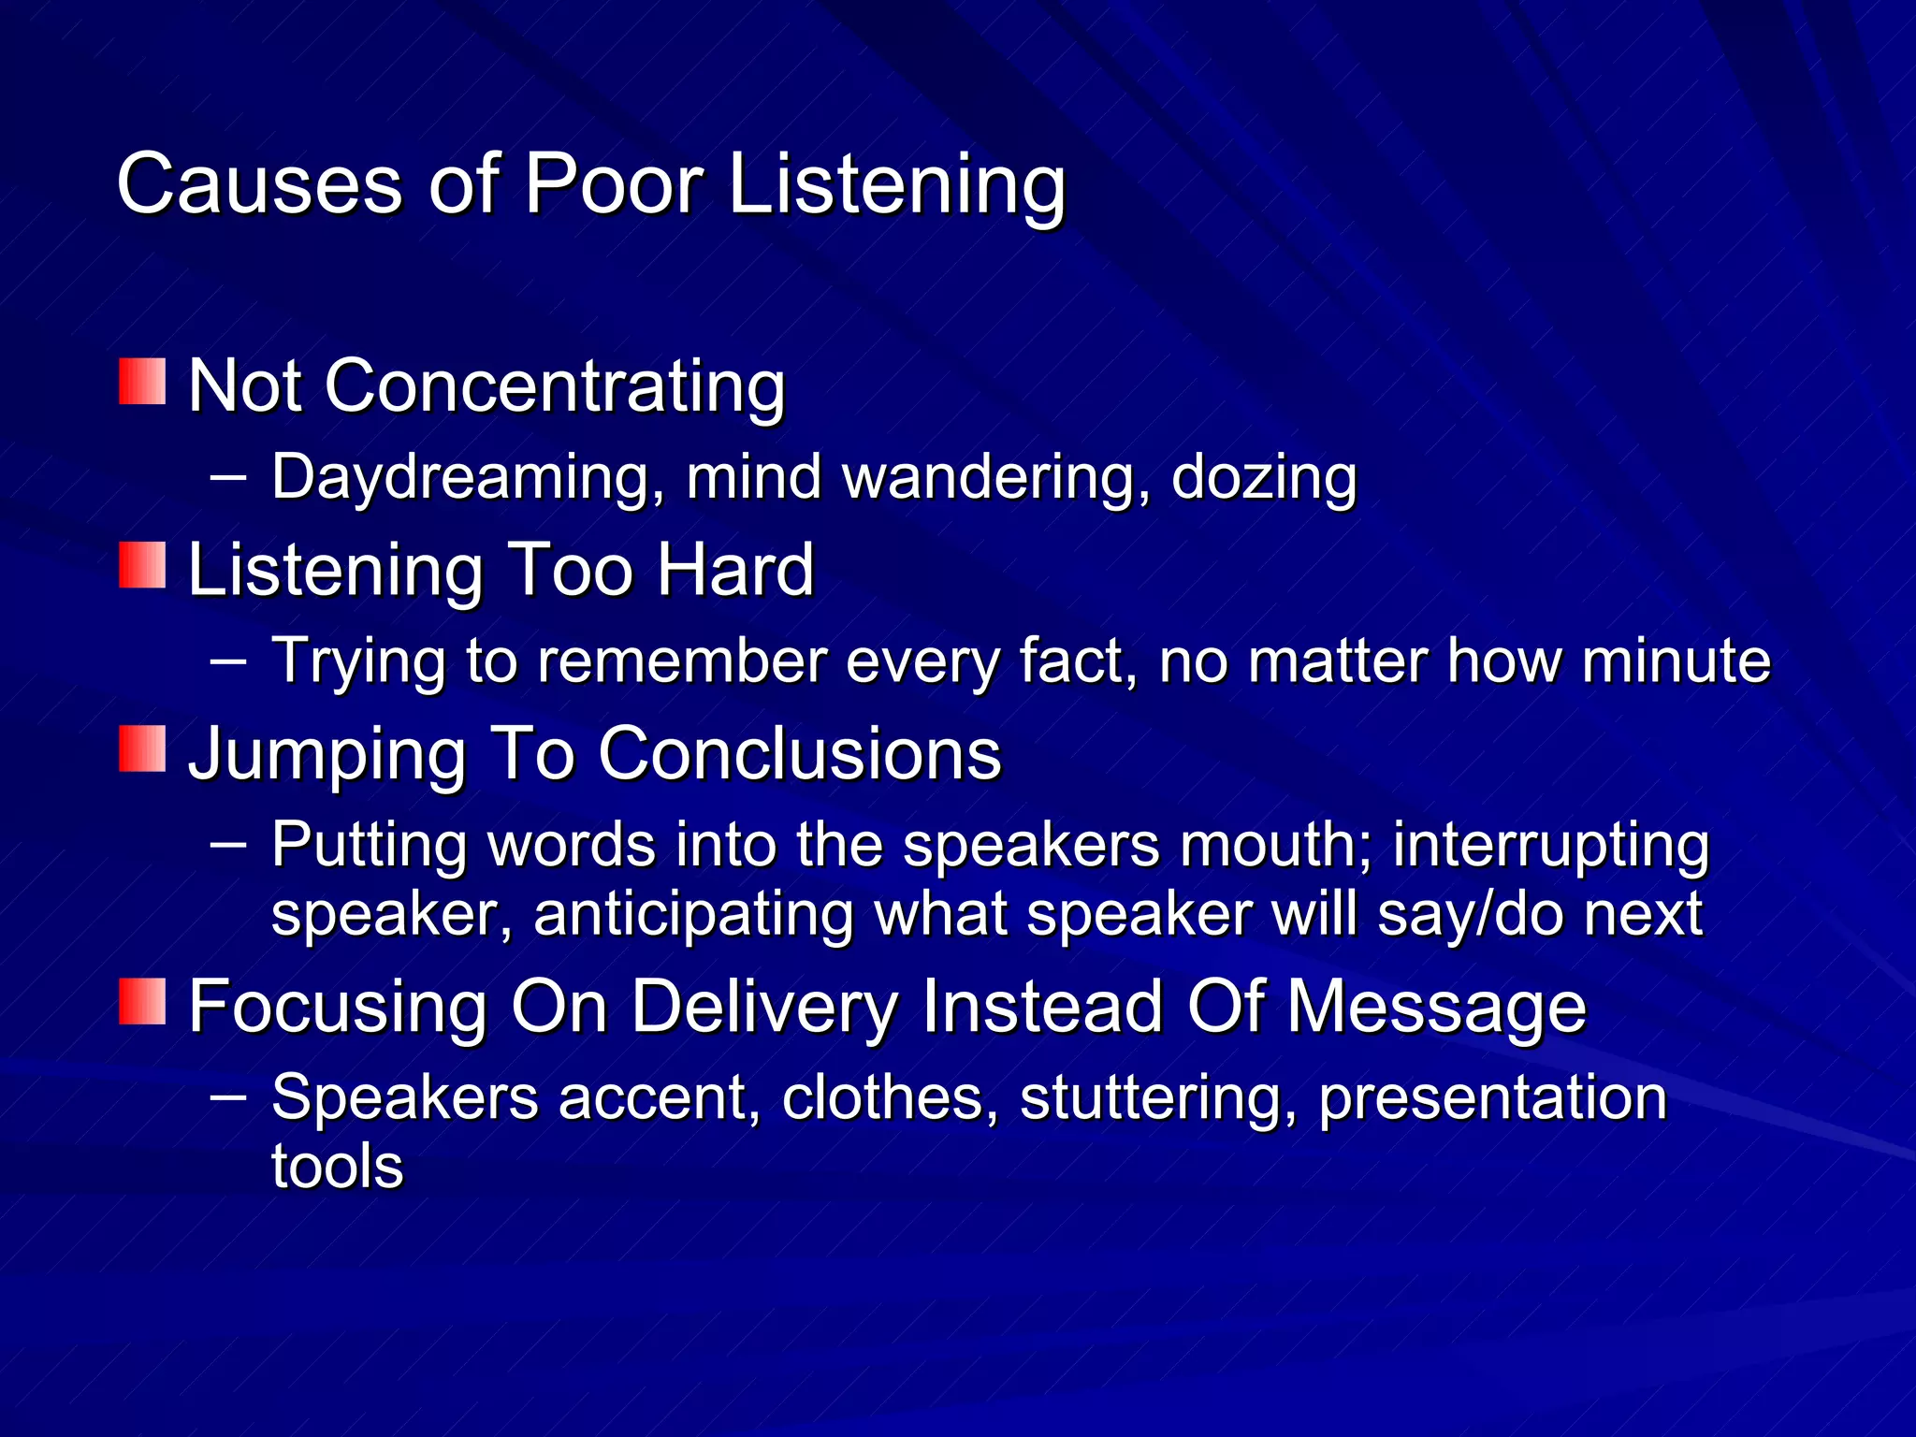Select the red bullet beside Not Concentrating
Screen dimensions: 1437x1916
click(142, 382)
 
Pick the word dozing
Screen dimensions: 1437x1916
click(1264, 478)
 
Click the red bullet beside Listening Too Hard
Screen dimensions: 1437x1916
click(142, 565)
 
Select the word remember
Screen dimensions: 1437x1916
click(682, 660)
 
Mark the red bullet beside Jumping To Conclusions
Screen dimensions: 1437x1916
click(142, 748)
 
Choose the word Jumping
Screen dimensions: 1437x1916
click(327, 754)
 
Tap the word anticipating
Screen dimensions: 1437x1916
click(693, 914)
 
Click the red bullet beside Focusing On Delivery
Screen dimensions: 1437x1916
click(142, 1001)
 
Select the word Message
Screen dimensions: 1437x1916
click(1437, 1008)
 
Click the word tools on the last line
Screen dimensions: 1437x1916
click(337, 1166)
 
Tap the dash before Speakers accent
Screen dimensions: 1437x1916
click(228, 1096)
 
